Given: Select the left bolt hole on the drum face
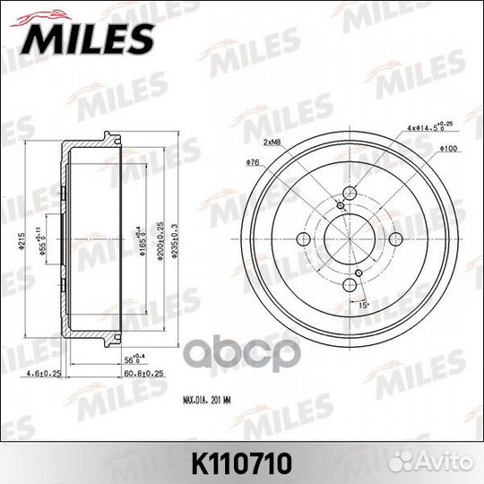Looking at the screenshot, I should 303,238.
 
